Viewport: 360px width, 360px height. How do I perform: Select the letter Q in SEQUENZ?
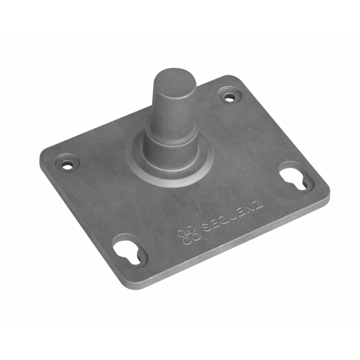pos(223,219)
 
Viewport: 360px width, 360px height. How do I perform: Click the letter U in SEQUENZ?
pos(233,215)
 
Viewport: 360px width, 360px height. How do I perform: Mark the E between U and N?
pos(241,211)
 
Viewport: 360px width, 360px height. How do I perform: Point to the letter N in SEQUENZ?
pos(250,208)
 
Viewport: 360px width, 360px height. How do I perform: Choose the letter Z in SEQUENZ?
pos(258,204)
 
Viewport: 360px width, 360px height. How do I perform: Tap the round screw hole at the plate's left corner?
pos(67,165)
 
